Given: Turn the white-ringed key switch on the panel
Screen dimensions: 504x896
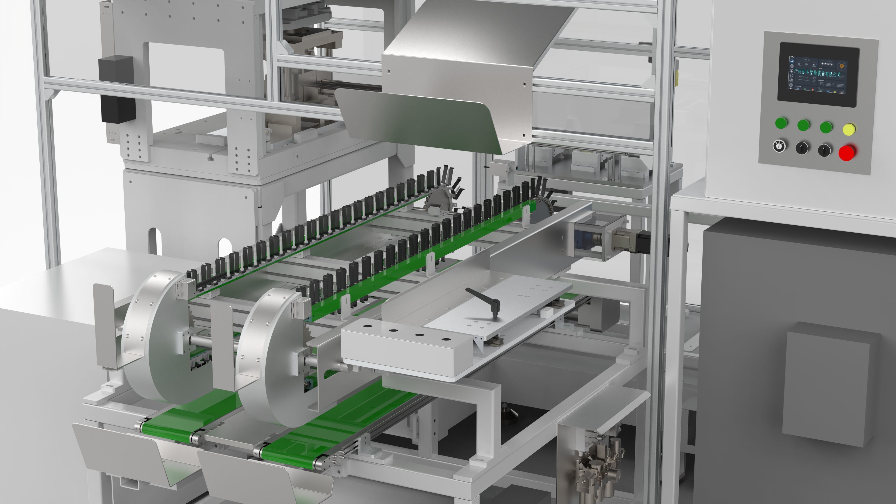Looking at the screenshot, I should coord(779,146).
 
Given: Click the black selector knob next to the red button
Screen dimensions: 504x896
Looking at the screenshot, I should coord(824,150).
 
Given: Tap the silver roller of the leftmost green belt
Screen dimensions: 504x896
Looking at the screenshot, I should coord(141,427).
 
